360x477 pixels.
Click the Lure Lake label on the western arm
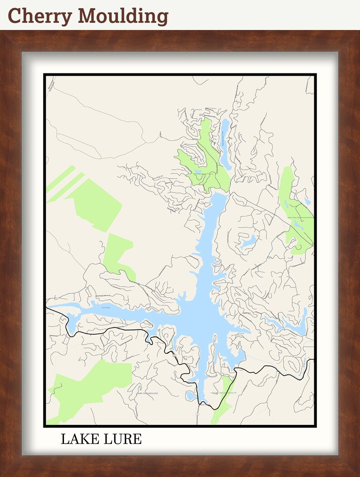(106, 307)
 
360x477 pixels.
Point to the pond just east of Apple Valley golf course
(308, 201)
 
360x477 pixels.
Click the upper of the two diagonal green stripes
(61, 178)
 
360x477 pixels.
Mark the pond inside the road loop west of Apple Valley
(248, 241)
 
